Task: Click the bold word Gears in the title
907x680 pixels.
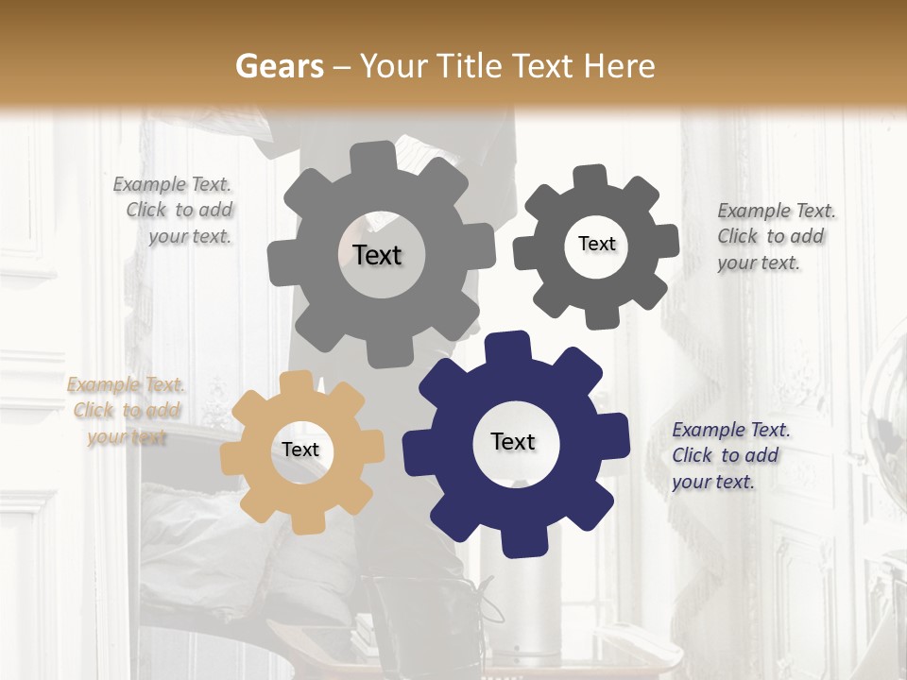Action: (x=278, y=66)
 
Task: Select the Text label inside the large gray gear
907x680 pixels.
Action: (x=377, y=255)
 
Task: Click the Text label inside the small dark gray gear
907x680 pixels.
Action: (x=596, y=244)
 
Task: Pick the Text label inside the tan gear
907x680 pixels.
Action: (x=300, y=450)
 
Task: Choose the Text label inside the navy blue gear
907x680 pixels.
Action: (x=513, y=441)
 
